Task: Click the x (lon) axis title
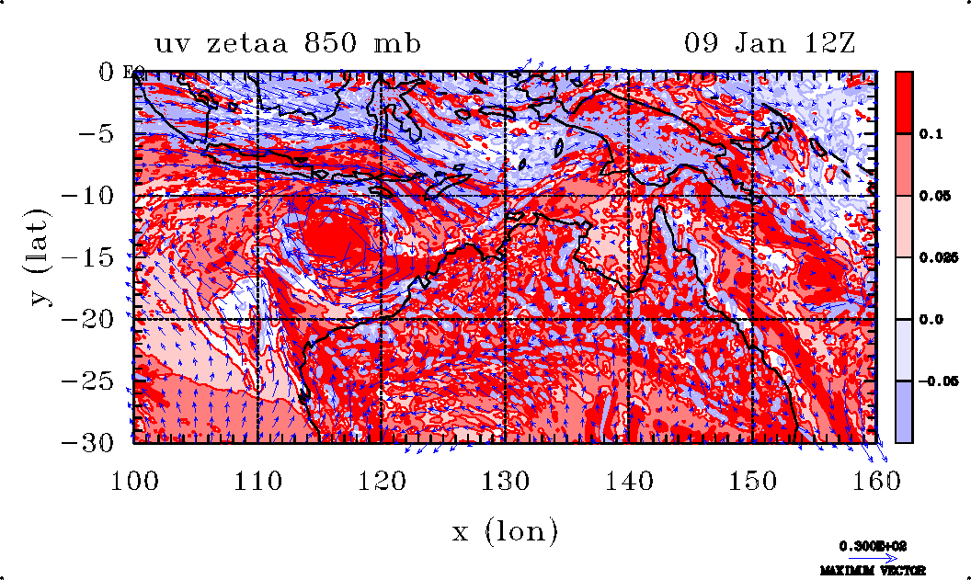pyautogui.click(x=505, y=530)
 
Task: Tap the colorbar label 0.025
pyautogui.click(x=936, y=258)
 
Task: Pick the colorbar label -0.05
pyautogui.click(x=935, y=381)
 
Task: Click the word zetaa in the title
pyautogui.click(x=267, y=43)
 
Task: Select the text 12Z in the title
pyautogui.click(x=831, y=43)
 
